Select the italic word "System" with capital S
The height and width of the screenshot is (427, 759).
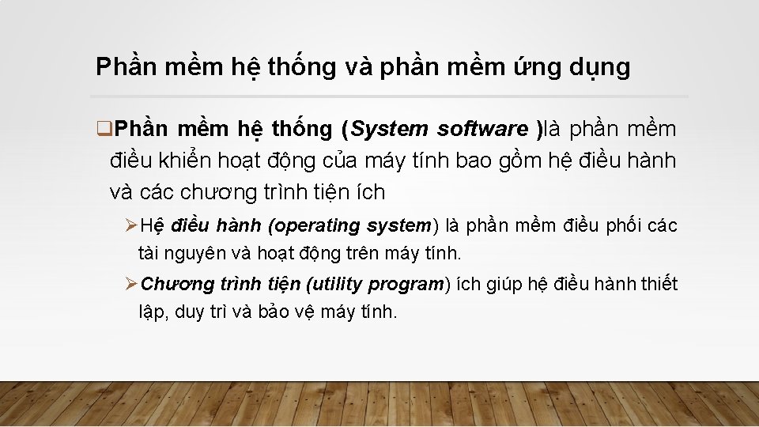click(x=390, y=128)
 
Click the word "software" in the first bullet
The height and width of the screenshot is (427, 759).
click(x=482, y=128)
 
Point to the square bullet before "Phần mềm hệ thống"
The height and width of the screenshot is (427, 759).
click(x=101, y=128)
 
